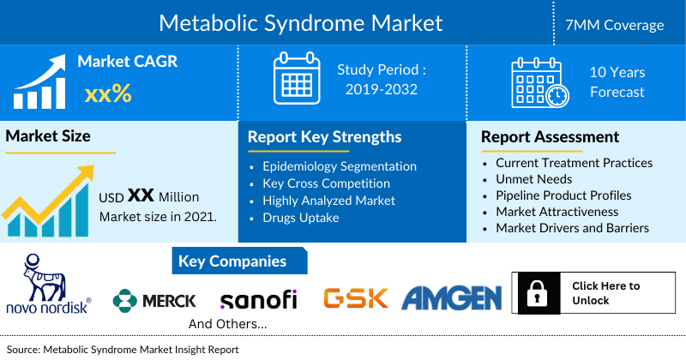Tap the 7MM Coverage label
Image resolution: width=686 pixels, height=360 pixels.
coord(620,25)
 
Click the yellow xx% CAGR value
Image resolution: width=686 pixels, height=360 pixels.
coord(108,93)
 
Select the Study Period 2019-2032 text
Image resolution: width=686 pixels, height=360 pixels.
coord(382,79)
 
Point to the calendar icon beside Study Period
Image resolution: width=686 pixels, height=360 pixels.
coord(296,79)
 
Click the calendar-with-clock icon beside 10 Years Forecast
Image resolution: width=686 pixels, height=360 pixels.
coord(538,82)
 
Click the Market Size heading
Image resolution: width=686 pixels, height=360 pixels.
coord(48,136)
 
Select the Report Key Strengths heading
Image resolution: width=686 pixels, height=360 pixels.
coord(324,137)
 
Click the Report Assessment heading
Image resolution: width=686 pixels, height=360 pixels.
coord(550,137)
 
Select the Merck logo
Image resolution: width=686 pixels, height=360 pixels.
coord(155,300)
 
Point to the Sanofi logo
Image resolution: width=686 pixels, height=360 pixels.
coord(258,300)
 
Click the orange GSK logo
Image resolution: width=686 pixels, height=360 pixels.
coord(355,298)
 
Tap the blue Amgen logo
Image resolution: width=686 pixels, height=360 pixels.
coord(451,297)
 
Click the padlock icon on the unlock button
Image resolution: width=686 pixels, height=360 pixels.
coord(536,294)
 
